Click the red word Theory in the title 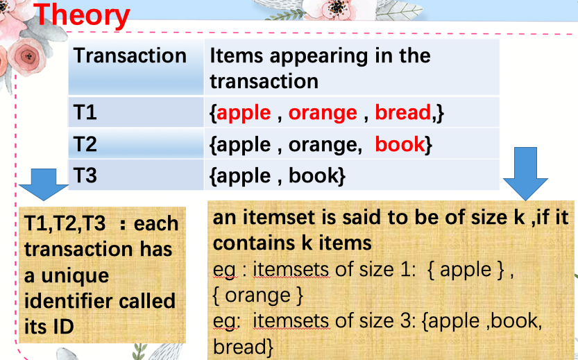(x=82, y=15)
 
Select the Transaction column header (x=130, y=55)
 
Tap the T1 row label (x=85, y=112)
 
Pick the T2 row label (x=85, y=144)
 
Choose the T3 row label (x=85, y=175)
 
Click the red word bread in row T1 (x=403, y=112)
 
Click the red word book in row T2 (x=400, y=144)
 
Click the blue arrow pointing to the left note (x=44, y=185)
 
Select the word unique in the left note (x=75, y=276)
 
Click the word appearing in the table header (x=318, y=57)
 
